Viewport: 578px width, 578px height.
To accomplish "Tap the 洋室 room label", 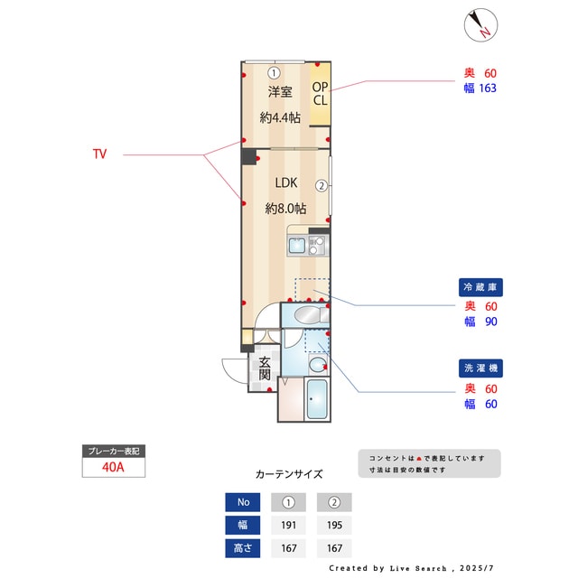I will point(280,92).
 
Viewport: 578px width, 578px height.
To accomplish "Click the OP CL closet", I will point(321,94).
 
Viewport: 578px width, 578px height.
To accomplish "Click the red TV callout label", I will point(99,154).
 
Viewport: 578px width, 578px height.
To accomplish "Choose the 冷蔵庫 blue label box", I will point(480,287).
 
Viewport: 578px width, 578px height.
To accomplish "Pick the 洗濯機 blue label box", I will point(480,368).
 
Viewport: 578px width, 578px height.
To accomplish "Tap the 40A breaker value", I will point(113,468).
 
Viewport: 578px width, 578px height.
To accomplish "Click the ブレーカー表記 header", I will point(113,451).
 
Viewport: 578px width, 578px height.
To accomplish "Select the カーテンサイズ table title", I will point(289,473).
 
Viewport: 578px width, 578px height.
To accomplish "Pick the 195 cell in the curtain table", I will point(333,525).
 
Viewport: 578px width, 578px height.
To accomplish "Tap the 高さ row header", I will point(242,547).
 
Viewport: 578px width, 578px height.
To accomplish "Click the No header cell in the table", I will point(242,502).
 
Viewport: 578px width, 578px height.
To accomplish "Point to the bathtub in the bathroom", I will point(317,400).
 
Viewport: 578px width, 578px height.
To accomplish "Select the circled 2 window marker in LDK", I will point(321,186).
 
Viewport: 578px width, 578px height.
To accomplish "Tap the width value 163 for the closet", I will point(489,89).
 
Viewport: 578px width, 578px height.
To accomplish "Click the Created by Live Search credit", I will point(412,568).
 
